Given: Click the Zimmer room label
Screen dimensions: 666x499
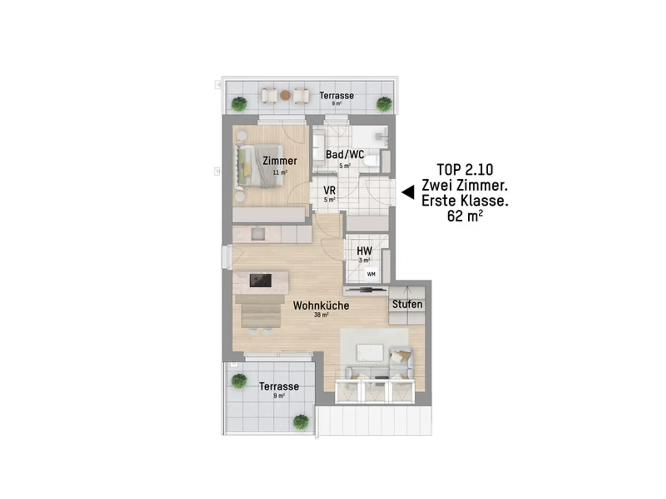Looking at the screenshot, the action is (x=279, y=161).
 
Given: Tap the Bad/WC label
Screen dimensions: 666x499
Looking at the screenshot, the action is (x=345, y=155).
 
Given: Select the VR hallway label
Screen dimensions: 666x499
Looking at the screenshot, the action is (x=329, y=190).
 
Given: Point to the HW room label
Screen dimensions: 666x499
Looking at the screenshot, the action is (x=364, y=251).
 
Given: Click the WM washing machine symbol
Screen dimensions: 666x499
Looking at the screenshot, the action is (x=371, y=274).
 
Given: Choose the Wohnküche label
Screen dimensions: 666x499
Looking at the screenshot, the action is (x=321, y=305).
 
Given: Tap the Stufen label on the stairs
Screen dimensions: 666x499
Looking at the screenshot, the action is (x=407, y=304).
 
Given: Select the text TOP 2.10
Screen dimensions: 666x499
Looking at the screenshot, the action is (x=465, y=170).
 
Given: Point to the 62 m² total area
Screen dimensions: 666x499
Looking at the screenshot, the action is (x=465, y=216).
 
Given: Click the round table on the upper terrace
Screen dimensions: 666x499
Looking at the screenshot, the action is (x=285, y=95).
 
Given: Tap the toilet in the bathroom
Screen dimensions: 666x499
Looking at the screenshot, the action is (x=371, y=161).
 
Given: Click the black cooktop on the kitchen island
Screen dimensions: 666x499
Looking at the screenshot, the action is (x=260, y=280).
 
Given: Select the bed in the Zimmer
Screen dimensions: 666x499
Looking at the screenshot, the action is (x=260, y=165).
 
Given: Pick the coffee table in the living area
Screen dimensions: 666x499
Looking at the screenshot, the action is (x=369, y=353).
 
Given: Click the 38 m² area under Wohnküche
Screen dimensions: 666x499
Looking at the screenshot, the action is (x=321, y=315).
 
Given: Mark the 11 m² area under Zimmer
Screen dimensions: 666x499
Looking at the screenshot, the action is (x=280, y=172).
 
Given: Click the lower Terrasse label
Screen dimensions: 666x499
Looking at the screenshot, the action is (x=279, y=386).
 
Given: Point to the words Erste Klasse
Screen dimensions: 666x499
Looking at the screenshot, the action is (x=465, y=201).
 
